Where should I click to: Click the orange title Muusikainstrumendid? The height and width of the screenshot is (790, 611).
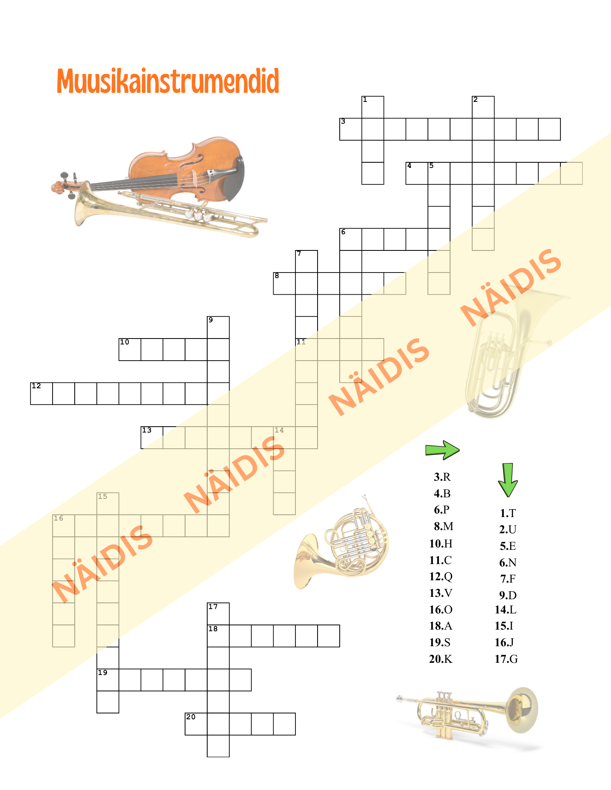[x=168, y=81]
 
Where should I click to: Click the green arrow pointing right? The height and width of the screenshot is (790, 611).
[x=442, y=450]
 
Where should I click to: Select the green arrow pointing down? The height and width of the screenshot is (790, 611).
[x=508, y=480]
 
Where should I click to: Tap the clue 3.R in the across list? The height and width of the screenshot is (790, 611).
[x=442, y=477]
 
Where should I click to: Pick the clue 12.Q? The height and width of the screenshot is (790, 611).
[x=441, y=577]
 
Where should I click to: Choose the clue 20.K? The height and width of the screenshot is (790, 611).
[x=441, y=659]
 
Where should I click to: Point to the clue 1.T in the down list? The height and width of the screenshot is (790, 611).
[x=508, y=513]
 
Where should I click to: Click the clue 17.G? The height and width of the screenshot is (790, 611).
[x=506, y=659]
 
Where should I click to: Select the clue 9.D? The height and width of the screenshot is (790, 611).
[x=508, y=595]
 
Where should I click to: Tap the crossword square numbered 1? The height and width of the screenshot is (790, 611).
[x=373, y=107]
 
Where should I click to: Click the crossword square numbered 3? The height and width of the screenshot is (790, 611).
[x=351, y=129]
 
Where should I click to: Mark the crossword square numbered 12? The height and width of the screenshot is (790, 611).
[x=42, y=393]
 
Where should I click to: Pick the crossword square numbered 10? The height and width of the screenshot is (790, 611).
[x=130, y=350]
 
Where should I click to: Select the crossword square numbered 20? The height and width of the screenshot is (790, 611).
[x=196, y=724]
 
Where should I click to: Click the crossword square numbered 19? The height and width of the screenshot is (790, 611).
[x=108, y=680]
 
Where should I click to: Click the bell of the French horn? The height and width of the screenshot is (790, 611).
[x=306, y=561]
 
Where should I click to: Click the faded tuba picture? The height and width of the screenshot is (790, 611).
[x=510, y=355]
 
